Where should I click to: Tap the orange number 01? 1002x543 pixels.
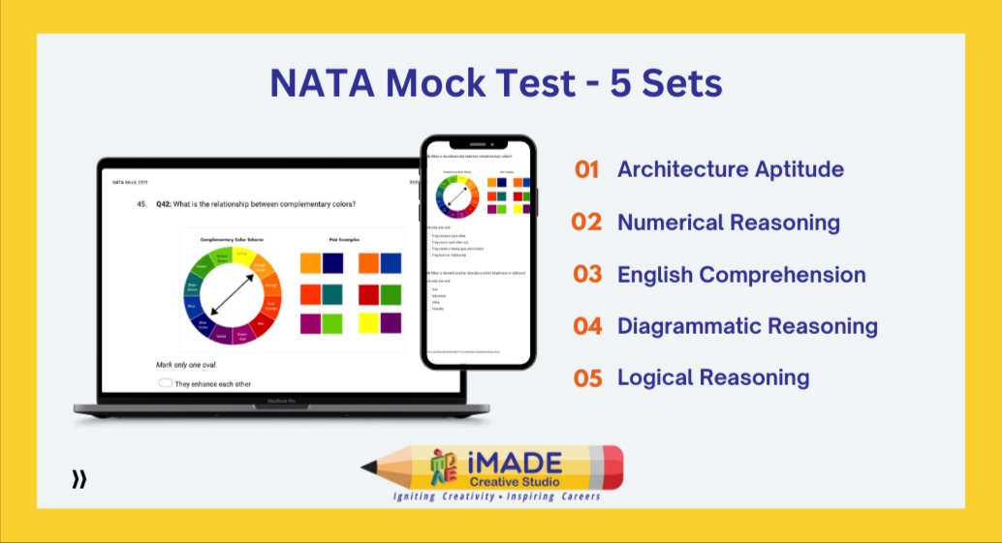coord(587,169)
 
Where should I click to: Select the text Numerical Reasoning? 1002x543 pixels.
coord(729,222)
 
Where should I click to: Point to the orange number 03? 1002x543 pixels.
coord(587,274)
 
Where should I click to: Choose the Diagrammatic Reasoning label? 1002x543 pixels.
coord(747,326)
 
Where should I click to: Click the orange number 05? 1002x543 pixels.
coord(587,377)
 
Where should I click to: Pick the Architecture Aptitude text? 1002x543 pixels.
coord(731,169)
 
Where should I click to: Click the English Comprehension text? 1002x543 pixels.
coord(741,274)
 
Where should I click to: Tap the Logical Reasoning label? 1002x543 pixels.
coord(713,377)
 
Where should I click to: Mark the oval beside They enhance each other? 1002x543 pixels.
coord(166,383)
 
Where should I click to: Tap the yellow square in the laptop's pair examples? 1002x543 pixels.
coord(368,322)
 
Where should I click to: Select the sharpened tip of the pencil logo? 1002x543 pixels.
coord(367,468)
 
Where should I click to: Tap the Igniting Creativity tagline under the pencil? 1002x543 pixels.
coord(495,497)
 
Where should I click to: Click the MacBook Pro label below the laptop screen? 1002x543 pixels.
coord(282,398)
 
